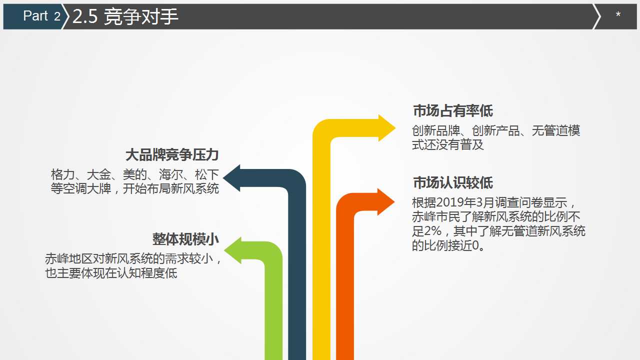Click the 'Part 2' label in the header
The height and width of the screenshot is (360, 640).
coord(41,15)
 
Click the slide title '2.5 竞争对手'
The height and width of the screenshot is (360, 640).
coord(125,16)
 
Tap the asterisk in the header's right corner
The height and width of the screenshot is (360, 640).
coord(618,14)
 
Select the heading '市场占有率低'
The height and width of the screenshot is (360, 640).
coord(453,110)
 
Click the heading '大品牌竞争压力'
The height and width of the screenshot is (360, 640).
coord(172,155)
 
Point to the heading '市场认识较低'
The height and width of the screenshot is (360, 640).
coord(453,182)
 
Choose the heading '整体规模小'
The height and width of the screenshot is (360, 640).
coord(185,239)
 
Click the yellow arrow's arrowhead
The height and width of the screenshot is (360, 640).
coord(387,128)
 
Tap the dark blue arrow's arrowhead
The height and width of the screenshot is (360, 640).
coord(231,178)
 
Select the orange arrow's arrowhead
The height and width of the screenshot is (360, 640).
coord(386,202)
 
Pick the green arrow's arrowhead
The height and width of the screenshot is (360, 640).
coord(233,250)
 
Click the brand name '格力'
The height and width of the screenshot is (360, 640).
coord(62,174)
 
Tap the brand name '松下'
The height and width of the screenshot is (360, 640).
coord(206,174)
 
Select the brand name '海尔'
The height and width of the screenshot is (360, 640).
coord(170,174)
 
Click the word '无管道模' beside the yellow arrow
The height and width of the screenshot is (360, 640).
coord(555,130)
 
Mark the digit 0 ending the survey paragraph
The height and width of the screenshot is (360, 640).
coord(475,245)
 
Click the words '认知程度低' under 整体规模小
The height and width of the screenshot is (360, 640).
coord(147,273)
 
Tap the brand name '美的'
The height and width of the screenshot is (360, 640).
coord(134,174)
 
